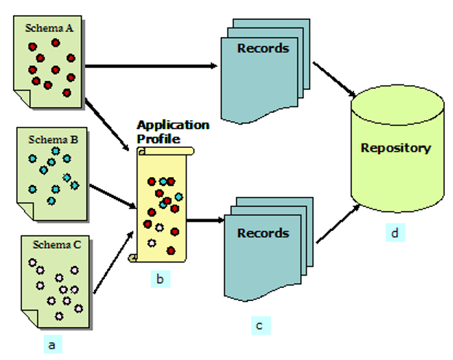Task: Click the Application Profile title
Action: (173, 131)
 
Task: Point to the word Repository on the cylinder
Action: (396, 148)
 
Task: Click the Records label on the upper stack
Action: (263, 49)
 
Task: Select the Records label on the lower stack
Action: (263, 233)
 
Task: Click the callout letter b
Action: (159, 278)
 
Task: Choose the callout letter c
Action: (259, 325)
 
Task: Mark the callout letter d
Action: (394, 233)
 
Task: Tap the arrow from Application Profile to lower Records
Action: (205, 219)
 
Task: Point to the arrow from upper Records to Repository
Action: (334, 79)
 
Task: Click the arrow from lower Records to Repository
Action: (338, 223)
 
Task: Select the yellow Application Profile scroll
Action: (163, 204)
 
